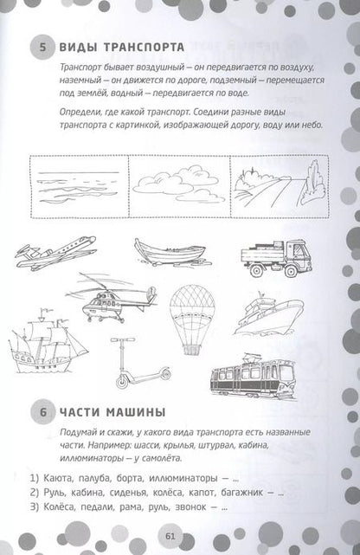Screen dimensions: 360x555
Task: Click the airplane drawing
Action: click(x=56, y=253)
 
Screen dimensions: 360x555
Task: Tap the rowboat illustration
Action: click(x=172, y=252)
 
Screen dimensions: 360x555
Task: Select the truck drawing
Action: click(x=276, y=258)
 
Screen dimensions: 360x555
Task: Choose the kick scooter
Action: click(x=141, y=364)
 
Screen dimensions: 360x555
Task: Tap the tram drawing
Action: click(x=254, y=378)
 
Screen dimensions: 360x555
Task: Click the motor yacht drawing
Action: click(x=268, y=314)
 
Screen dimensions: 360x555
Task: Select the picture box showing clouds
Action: click(x=179, y=186)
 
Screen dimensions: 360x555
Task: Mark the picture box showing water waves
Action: click(x=80, y=186)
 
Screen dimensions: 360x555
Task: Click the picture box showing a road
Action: click(x=280, y=186)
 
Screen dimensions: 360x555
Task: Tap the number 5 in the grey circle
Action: click(x=42, y=48)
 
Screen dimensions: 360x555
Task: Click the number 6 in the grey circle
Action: click(x=43, y=412)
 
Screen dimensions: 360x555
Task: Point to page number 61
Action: click(x=170, y=536)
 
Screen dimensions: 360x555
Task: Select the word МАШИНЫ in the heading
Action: click(x=136, y=412)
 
